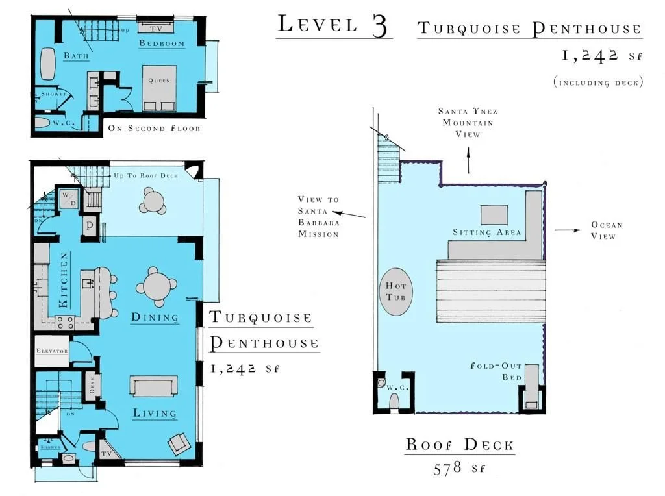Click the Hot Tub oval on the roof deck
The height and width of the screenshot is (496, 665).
(395, 291)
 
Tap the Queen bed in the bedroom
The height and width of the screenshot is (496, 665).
(159, 88)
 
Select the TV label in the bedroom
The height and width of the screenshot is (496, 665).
(156, 29)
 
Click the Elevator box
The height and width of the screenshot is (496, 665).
(51, 351)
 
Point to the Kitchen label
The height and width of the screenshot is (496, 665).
(63, 280)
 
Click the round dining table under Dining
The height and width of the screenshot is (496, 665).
(157, 287)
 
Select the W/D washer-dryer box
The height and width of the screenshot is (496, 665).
(68, 199)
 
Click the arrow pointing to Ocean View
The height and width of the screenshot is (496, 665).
(568, 230)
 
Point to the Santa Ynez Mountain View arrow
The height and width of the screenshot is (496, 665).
(468, 160)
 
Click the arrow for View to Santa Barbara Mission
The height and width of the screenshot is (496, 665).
(349, 214)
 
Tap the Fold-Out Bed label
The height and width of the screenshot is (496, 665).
(496, 371)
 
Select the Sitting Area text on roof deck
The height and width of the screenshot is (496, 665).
(486, 232)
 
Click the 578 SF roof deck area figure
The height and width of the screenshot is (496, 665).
(459, 469)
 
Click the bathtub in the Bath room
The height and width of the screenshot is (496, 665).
(48, 64)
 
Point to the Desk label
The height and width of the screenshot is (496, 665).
(92, 386)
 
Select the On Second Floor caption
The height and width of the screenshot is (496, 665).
(154, 128)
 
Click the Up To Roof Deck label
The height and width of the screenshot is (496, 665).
(146, 175)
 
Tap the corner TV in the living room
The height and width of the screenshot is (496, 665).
(107, 452)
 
